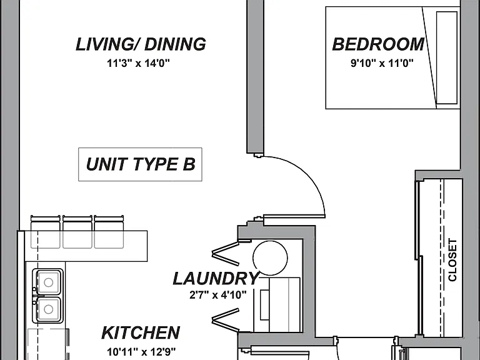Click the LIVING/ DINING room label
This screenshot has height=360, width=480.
point(141,44)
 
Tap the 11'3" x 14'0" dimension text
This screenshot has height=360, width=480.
point(138,63)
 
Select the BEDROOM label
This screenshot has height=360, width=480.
point(378,44)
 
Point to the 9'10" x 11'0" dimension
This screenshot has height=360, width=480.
point(382,63)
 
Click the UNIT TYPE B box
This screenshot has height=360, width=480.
point(140,164)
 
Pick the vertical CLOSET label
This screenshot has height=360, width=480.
point(452,260)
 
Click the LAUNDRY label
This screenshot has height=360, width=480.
point(216,279)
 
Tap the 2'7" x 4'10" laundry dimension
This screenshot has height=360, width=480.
point(217,295)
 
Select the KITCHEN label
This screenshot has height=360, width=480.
point(141,332)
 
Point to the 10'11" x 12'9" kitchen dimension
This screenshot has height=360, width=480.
point(141,352)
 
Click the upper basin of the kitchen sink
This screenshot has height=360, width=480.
point(48,282)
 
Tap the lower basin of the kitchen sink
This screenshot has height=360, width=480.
point(48,309)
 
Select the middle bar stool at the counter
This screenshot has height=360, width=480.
point(77,232)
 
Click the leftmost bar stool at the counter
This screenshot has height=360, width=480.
point(46,232)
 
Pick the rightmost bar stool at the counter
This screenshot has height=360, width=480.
point(109,232)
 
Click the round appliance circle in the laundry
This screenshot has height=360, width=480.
point(270,257)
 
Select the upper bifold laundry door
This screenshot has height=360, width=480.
point(226,253)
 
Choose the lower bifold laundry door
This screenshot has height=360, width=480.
point(226,320)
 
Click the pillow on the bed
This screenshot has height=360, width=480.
point(447,58)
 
